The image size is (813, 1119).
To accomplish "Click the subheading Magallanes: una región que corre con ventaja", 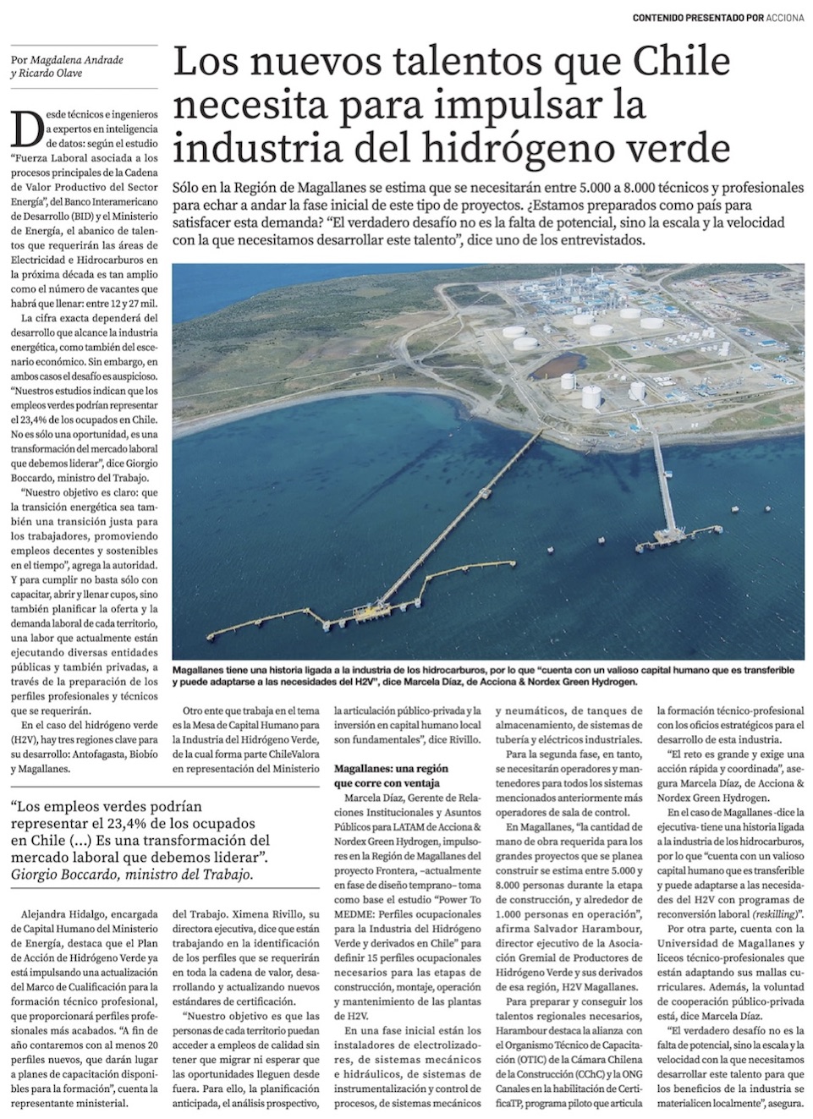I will coord(391,776).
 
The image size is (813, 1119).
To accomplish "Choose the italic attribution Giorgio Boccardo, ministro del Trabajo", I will coord(132,875).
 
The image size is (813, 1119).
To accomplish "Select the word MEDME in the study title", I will coord(356,935).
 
